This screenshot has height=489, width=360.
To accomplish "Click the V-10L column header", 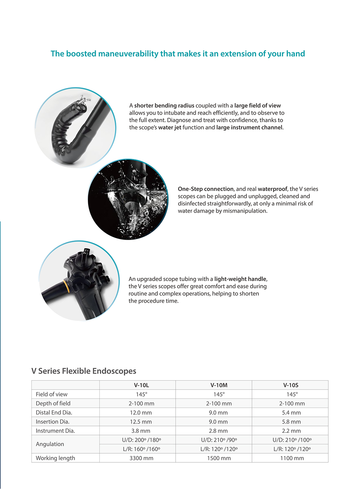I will [141, 385].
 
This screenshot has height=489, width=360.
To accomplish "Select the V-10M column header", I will [219, 385].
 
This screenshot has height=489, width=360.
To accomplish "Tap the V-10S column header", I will [291, 385].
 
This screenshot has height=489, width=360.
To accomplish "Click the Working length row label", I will [55, 458].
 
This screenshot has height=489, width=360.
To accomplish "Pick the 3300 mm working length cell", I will [141, 458].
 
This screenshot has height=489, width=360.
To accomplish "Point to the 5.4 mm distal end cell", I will [291, 413].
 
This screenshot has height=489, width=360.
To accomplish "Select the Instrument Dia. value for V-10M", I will [218, 431].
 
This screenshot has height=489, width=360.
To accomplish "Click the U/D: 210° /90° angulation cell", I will [219, 440].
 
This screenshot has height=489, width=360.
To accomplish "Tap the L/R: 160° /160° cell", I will [141, 449].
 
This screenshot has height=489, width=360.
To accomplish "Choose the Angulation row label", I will [50, 444].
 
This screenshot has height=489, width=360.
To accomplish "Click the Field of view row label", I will [51, 394].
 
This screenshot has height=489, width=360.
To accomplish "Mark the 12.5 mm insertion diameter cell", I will [141, 422].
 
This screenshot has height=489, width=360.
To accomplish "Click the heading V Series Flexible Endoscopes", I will [84, 371].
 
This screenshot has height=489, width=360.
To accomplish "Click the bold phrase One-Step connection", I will [206, 189].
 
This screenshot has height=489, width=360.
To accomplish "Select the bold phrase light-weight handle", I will [240, 279].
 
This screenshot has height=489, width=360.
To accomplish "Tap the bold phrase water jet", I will [170, 127].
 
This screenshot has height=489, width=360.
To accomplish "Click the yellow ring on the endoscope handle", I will [66, 286].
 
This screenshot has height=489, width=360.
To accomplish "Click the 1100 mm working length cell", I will [292, 458].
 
